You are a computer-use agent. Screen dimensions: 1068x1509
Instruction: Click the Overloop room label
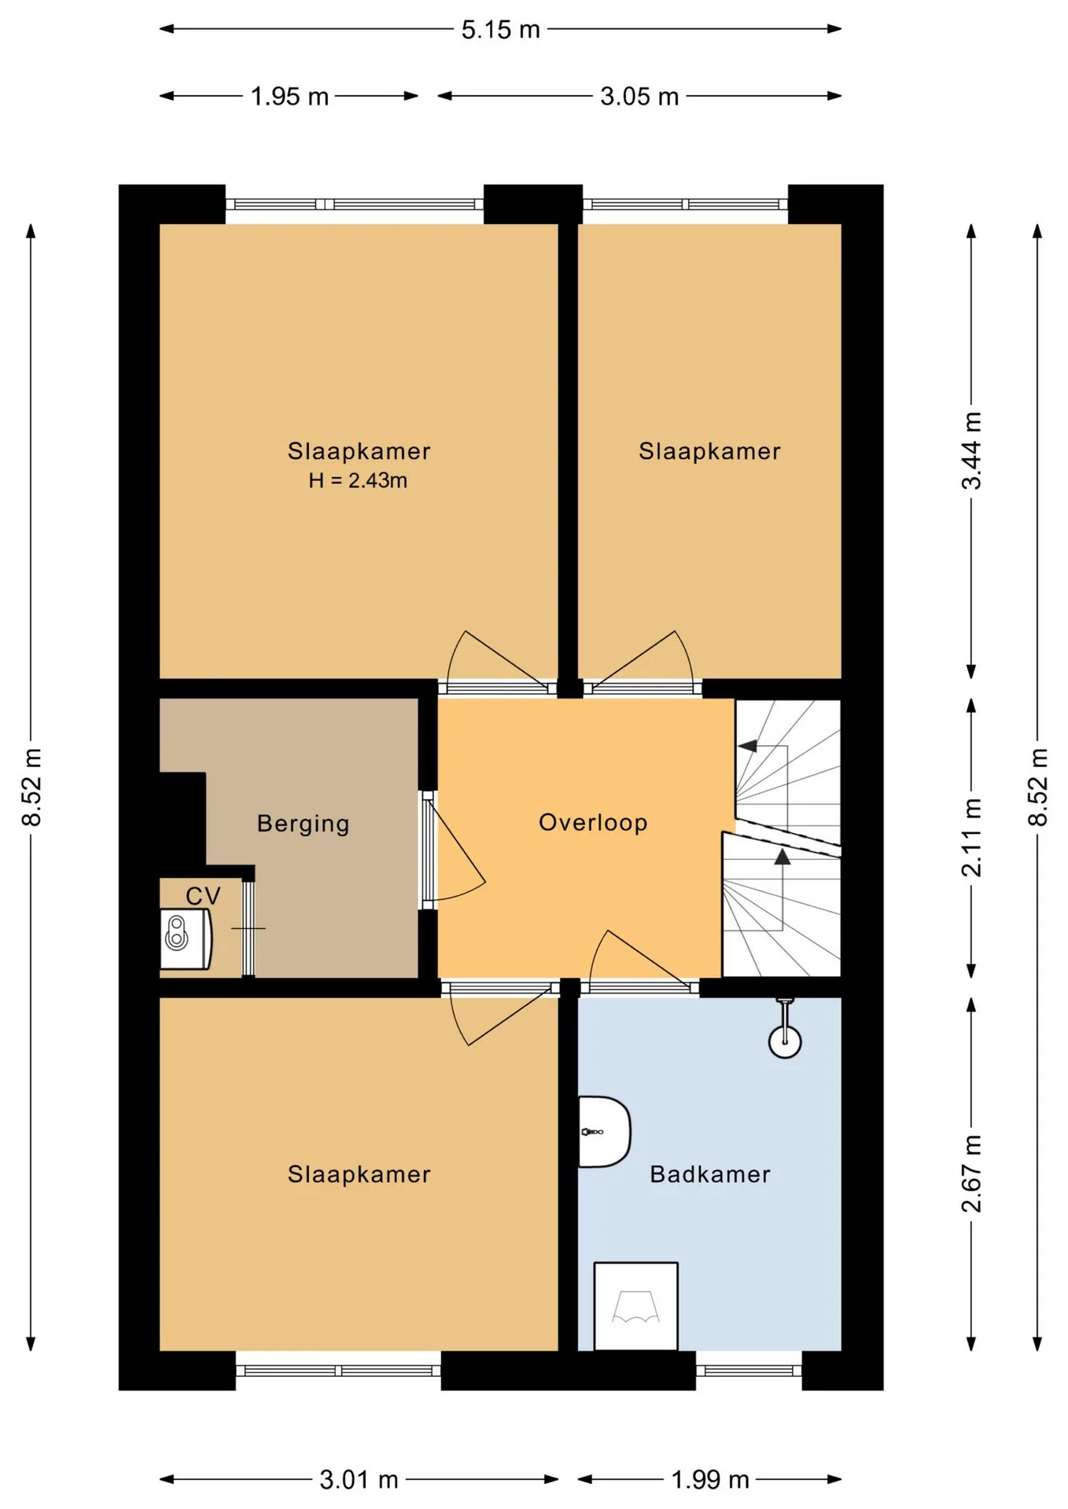[x=593, y=823]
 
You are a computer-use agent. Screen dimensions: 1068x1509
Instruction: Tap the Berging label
[x=303, y=824]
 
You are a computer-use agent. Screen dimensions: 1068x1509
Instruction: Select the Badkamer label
[x=709, y=1174]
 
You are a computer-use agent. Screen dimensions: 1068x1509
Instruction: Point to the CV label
[x=203, y=896]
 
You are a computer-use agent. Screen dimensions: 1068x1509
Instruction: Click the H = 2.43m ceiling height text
[x=358, y=480]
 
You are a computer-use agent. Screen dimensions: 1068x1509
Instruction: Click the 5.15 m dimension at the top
[x=501, y=30]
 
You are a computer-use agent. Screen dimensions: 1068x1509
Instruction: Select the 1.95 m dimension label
[x=289, y=97]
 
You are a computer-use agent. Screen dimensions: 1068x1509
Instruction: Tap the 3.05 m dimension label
[x=639, y=97]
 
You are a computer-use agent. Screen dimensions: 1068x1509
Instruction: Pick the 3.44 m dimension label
[x=972, y=450]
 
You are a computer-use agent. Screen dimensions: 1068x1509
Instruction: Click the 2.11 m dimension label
[x=972, y=838]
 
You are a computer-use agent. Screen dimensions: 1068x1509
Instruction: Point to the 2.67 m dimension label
[x=972, y=1173]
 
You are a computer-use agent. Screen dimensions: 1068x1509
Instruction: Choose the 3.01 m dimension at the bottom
[x=359, y=1480]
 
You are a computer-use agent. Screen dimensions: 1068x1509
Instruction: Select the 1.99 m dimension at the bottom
[x=709, y=1480]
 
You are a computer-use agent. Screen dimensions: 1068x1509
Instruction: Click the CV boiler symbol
[x=186, y=939]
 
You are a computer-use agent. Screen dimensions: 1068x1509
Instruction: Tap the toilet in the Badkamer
[x=604, y=1132]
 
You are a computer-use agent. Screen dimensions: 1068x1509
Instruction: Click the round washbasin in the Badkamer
[x=784, y=1039]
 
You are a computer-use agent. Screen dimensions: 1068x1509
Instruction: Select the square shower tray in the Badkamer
[x=635, y=1306]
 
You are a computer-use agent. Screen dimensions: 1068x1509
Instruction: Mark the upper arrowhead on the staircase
[x=748, y=745]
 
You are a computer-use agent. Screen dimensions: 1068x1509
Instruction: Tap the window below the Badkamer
[x=749, y=1371]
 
